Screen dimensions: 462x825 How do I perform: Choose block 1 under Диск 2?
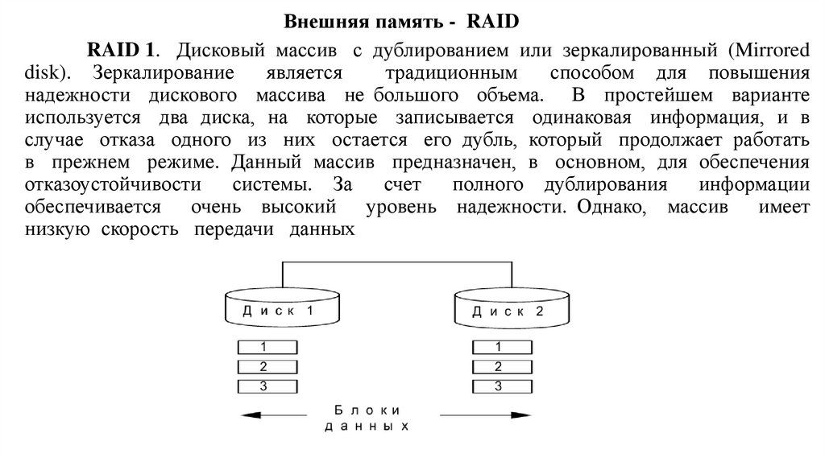[x=499, y=348]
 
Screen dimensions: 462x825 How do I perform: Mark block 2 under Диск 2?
[x=499, y=367]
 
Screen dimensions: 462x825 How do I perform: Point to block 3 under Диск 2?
[x=499, y=386]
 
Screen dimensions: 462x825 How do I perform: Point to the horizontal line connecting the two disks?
[x=396, y=262]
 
